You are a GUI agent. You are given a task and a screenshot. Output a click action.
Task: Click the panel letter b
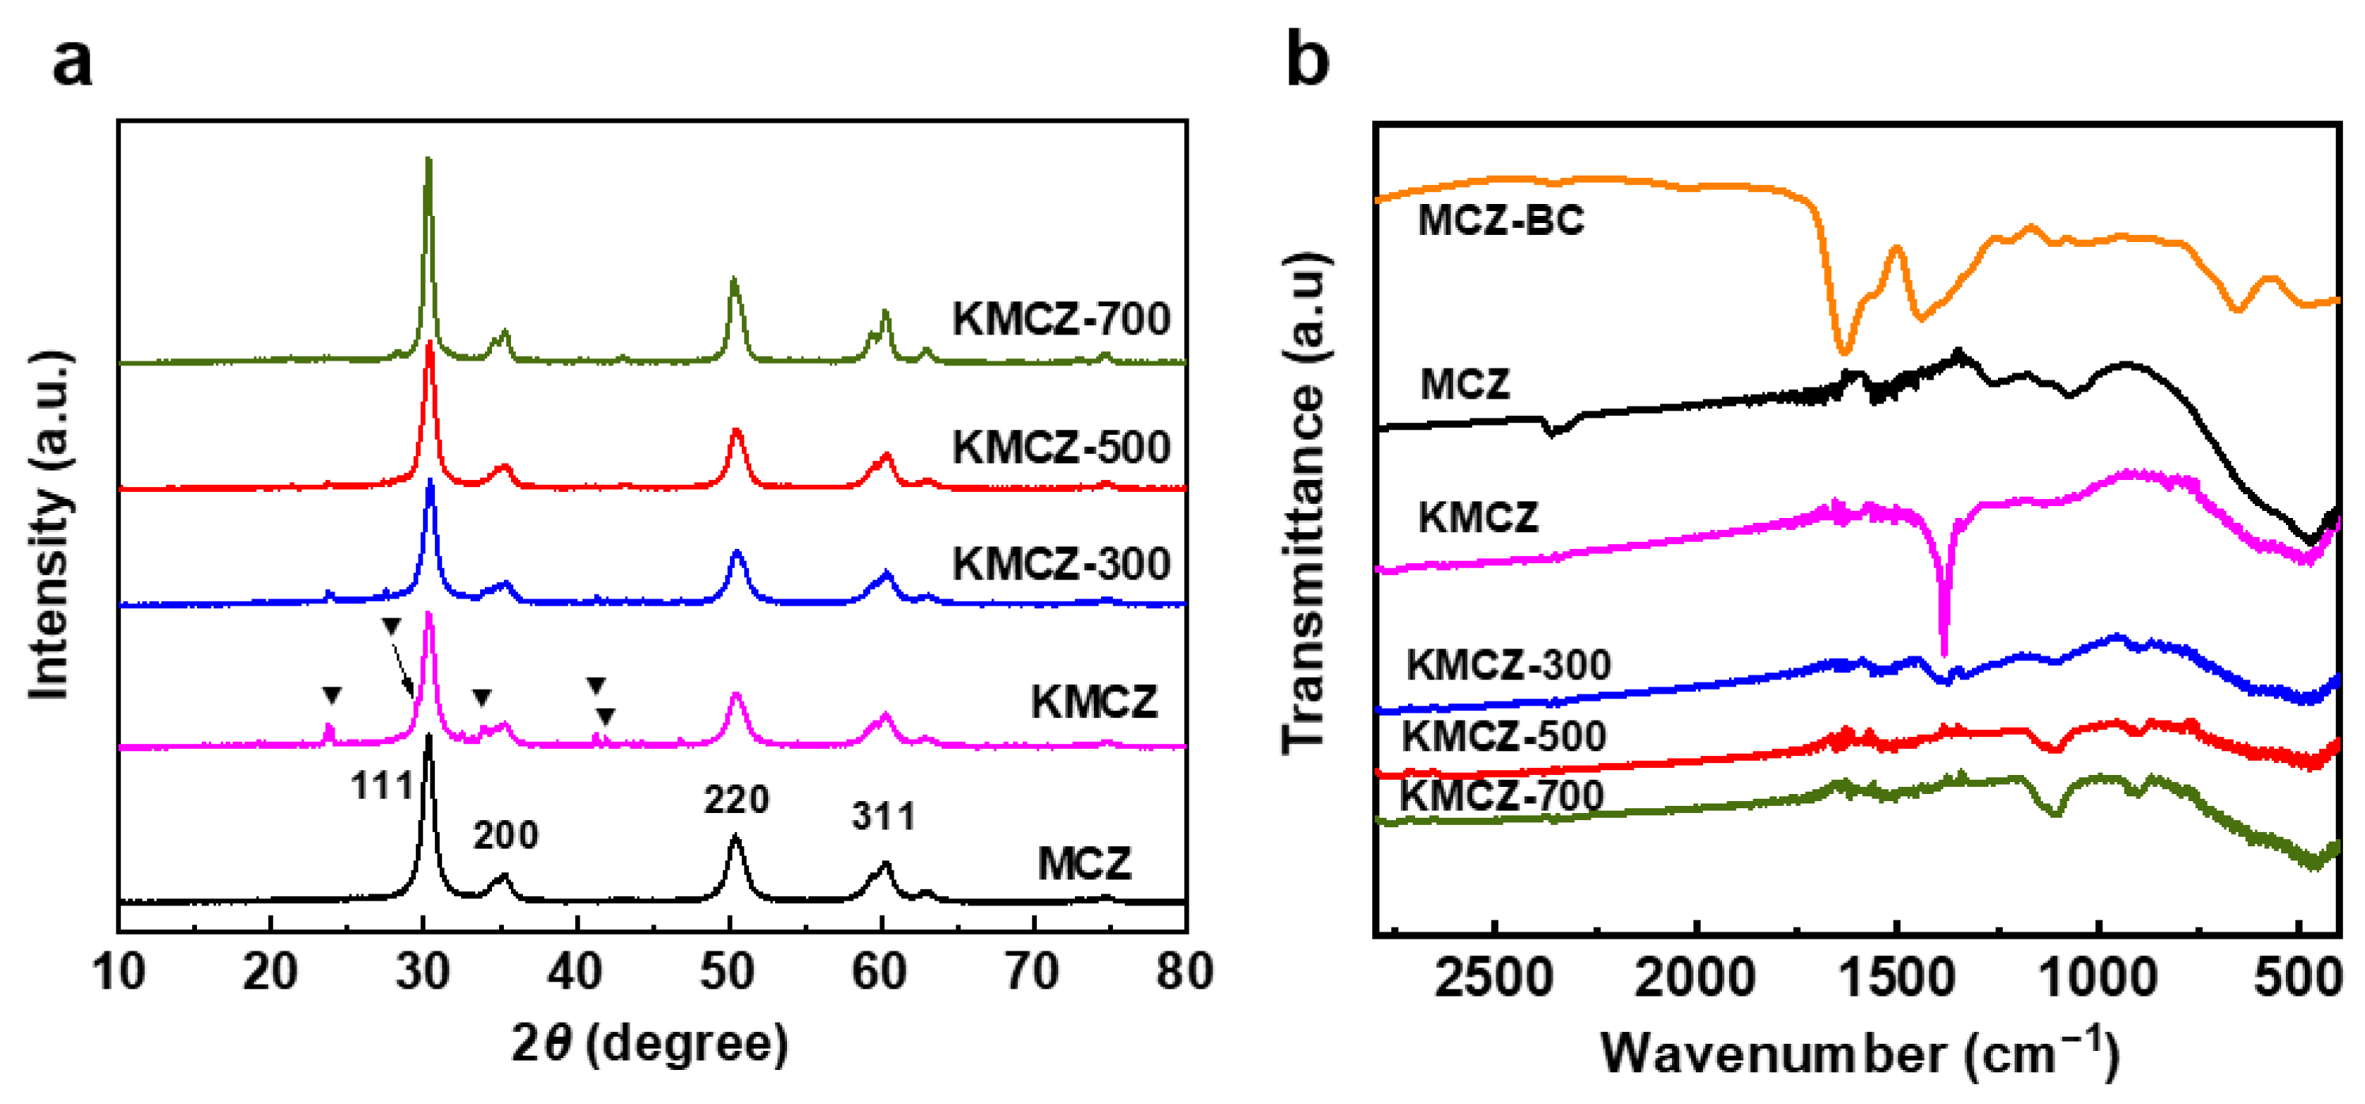coord(1307,58)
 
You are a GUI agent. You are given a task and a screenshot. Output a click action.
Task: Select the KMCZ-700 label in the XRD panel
coord(1061,319)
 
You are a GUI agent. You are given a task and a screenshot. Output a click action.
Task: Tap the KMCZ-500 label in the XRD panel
coord(1061,448)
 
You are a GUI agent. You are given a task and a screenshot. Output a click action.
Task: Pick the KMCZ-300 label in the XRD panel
coord(1061,564)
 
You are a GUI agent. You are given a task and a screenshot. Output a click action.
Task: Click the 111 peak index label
coord(382,785)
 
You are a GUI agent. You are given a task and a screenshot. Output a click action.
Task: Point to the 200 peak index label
coord(506,835)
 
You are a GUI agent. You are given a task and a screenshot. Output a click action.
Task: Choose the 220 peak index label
coord(736,800)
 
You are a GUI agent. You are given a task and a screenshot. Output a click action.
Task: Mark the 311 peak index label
coord(884,817)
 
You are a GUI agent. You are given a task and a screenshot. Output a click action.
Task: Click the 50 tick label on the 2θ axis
coord(728,971)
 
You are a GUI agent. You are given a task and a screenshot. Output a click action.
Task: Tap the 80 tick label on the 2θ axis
coord(1184,971)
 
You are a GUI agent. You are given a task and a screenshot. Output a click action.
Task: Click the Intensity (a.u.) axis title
coord(50,524)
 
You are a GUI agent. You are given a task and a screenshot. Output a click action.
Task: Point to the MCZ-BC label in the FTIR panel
coord(1501,221)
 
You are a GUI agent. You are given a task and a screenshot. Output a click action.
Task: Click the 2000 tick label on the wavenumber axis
coord(1695,978)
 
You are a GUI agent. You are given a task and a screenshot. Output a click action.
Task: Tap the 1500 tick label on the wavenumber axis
coord(1897,978)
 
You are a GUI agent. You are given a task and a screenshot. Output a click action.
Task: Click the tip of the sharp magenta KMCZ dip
coord(1943,656)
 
